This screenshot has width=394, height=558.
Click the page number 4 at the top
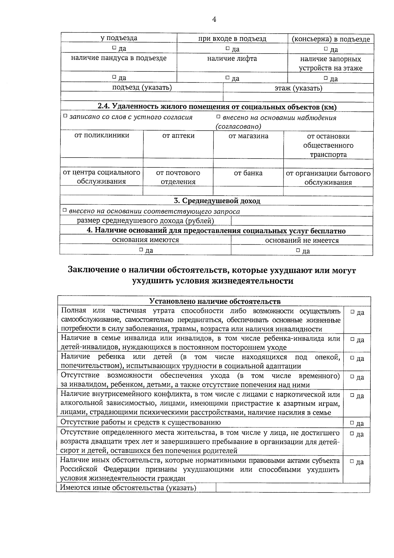pos(214,19)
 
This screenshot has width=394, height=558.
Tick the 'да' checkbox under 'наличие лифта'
pos(227,78)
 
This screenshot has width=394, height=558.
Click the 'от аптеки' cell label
pos(178,136)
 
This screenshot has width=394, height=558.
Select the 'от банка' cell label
pos(248,173)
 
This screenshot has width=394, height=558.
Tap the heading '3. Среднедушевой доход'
pos(217,201)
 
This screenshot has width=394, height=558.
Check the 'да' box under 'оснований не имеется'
pos(298,250)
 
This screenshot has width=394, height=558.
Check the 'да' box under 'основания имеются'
pos(141,250)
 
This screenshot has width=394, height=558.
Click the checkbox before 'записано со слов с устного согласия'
pos(65,116)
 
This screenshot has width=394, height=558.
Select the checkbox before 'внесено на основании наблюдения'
pos(218,117)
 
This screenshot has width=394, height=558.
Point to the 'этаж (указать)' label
pos(298,88)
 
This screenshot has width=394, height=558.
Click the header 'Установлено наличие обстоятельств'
pos(215,302)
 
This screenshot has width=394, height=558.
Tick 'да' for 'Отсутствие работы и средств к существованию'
pos(352,423)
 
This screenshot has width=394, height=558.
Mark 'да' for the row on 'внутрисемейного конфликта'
pos(352,396)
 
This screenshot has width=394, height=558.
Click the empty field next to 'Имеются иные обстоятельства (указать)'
pos(292,488)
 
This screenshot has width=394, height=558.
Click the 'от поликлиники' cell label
pos(102,135)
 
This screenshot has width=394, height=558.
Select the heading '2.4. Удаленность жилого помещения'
pos(217,107)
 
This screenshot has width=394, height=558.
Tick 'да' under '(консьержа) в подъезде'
pos(326,49)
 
